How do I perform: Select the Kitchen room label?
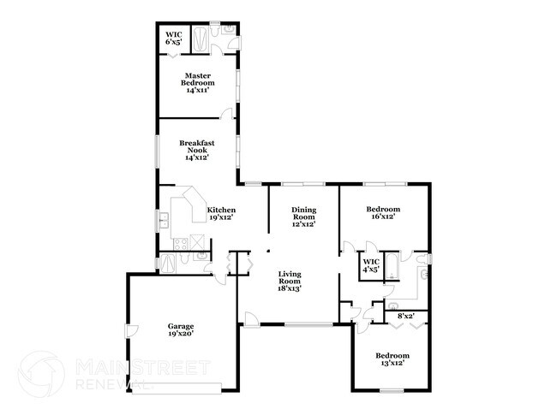pos(221,210)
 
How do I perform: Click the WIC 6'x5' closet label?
pos(174,38)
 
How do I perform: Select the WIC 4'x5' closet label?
pos(371,265)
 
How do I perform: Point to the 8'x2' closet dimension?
pos(405,317)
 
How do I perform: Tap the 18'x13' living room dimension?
pos(290,288)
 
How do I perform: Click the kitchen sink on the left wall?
pos(163,221)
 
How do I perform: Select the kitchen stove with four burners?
pos(181,245)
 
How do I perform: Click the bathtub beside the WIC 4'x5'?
pos(392,265)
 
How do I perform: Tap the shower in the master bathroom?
pos(199,39)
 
